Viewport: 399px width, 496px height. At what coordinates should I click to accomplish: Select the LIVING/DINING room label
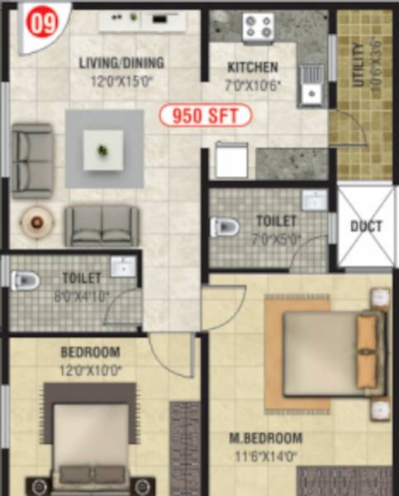[121, 63]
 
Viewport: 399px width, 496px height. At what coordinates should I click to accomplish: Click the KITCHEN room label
[253, 68]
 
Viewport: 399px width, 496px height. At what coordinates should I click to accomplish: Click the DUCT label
[365, 226]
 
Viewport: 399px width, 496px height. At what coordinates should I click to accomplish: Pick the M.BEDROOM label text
[265, 437]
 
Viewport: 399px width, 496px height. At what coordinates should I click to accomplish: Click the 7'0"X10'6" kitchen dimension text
[253, 84]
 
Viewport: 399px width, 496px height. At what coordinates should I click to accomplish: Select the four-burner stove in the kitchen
[257, 28]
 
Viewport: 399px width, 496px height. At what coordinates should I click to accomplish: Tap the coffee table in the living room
[103, 150]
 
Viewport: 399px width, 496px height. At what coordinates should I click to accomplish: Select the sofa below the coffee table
[102, 225]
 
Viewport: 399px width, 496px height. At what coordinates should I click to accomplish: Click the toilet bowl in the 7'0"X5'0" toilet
[224, 226]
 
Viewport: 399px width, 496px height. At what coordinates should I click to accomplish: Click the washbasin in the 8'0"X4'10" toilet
[123, 266]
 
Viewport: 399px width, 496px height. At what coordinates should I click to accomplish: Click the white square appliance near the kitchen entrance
[232, 160]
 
